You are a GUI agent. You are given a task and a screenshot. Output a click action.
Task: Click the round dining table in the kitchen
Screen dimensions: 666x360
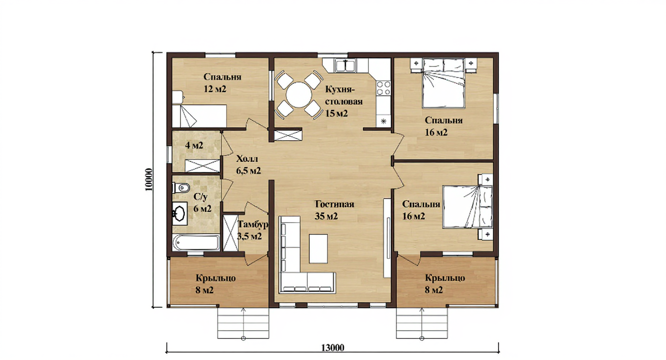tap(299, 95)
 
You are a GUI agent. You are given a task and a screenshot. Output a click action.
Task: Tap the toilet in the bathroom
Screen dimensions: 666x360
tap(181, 188)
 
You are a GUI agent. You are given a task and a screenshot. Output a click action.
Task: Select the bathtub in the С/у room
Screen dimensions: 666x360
tap(196, 243)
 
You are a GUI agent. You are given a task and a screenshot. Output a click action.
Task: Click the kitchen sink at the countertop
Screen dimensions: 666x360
tap(345, 65)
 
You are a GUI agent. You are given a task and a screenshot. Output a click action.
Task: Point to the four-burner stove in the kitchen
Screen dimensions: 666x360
tap(384, 88)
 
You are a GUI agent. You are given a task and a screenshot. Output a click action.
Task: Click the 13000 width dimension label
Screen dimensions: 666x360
tap(333, 348)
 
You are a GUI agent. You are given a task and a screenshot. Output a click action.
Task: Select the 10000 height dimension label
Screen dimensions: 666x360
tap(149, 180)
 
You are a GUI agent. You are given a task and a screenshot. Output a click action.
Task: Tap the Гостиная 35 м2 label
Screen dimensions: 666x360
tap(334, 210)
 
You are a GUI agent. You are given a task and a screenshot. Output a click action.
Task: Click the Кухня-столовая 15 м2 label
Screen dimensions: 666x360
tap(344, 101)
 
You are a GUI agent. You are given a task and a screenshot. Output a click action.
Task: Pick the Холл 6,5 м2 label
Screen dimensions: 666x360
tap(248, 165)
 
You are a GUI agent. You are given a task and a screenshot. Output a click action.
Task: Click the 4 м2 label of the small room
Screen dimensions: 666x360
tap(194, 146)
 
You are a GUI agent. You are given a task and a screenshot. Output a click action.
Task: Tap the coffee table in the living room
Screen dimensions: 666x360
tap(318, 248)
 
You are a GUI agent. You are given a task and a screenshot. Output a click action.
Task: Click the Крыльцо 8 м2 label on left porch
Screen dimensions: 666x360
tap(216, 284)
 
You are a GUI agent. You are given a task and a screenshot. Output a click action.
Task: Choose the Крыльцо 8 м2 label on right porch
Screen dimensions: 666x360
tap(445, 284)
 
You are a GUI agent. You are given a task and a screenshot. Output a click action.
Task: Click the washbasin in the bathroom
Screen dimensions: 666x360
tap(179, 213)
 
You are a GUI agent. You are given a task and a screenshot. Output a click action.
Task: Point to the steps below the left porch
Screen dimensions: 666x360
tap(243, 323)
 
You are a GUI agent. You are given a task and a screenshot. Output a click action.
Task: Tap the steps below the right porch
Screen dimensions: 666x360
tap(422, 323)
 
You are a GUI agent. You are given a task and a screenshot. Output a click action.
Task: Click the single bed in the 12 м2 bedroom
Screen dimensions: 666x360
tap(200, 116)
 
